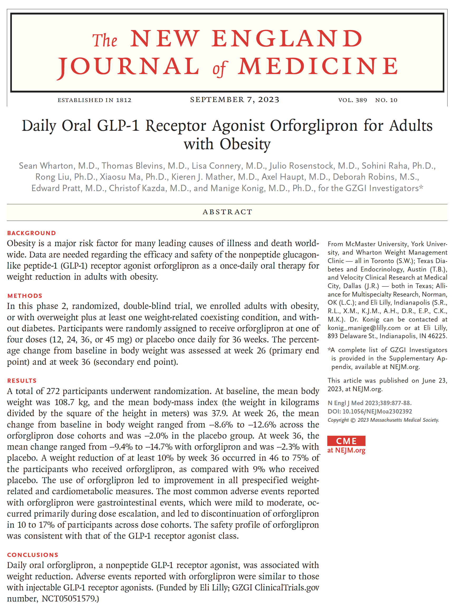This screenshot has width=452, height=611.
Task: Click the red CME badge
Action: point(346,441)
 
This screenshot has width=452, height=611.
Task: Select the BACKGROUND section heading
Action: point(31,233)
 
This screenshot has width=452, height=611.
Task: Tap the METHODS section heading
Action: point(25,296)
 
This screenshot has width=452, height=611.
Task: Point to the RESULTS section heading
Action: point(22,380)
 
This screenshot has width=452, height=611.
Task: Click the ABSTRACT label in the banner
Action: point(227,212)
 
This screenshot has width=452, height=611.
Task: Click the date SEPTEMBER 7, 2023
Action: point(234,100)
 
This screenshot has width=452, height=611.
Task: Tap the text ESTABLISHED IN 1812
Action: point(94,100)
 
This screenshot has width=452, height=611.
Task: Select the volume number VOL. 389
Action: point(352,100)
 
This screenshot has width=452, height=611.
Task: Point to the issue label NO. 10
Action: point(386,100)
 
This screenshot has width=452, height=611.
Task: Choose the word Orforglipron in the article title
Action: point(314,126)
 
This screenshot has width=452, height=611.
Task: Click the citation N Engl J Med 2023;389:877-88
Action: point(369,403)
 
